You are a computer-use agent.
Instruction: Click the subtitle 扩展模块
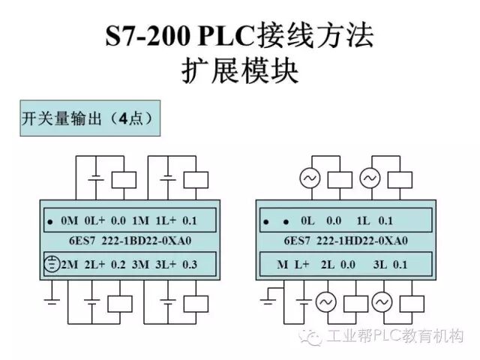pyautogui.click(x=240, y=70)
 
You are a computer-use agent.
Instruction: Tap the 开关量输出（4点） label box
pyautogui.click(x=88, y=119)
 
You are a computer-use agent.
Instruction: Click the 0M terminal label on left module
pyautogui.click(x=70, y=220)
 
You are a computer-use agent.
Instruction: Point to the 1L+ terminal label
pyautogui.click(x=163, y=220)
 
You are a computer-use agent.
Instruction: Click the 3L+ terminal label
pyautogui.click(x=163, y=264)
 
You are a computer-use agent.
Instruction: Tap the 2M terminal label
pyautogui.click(x=70, y=264)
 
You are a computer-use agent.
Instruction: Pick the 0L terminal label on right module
pyautogui.click(x=306, y=220)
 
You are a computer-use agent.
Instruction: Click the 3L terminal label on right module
pyautogui.click(x=379, y=264)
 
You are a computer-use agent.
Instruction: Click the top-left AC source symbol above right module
pyautogui.click(x=310, y=178)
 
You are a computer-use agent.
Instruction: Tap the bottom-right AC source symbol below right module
pyautogui.click(x=382, y=302)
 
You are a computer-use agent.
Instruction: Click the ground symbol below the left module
pyautogui.click(x=52, y=301)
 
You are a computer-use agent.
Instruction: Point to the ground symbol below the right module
pyautogui.click(x=268, y=301)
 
